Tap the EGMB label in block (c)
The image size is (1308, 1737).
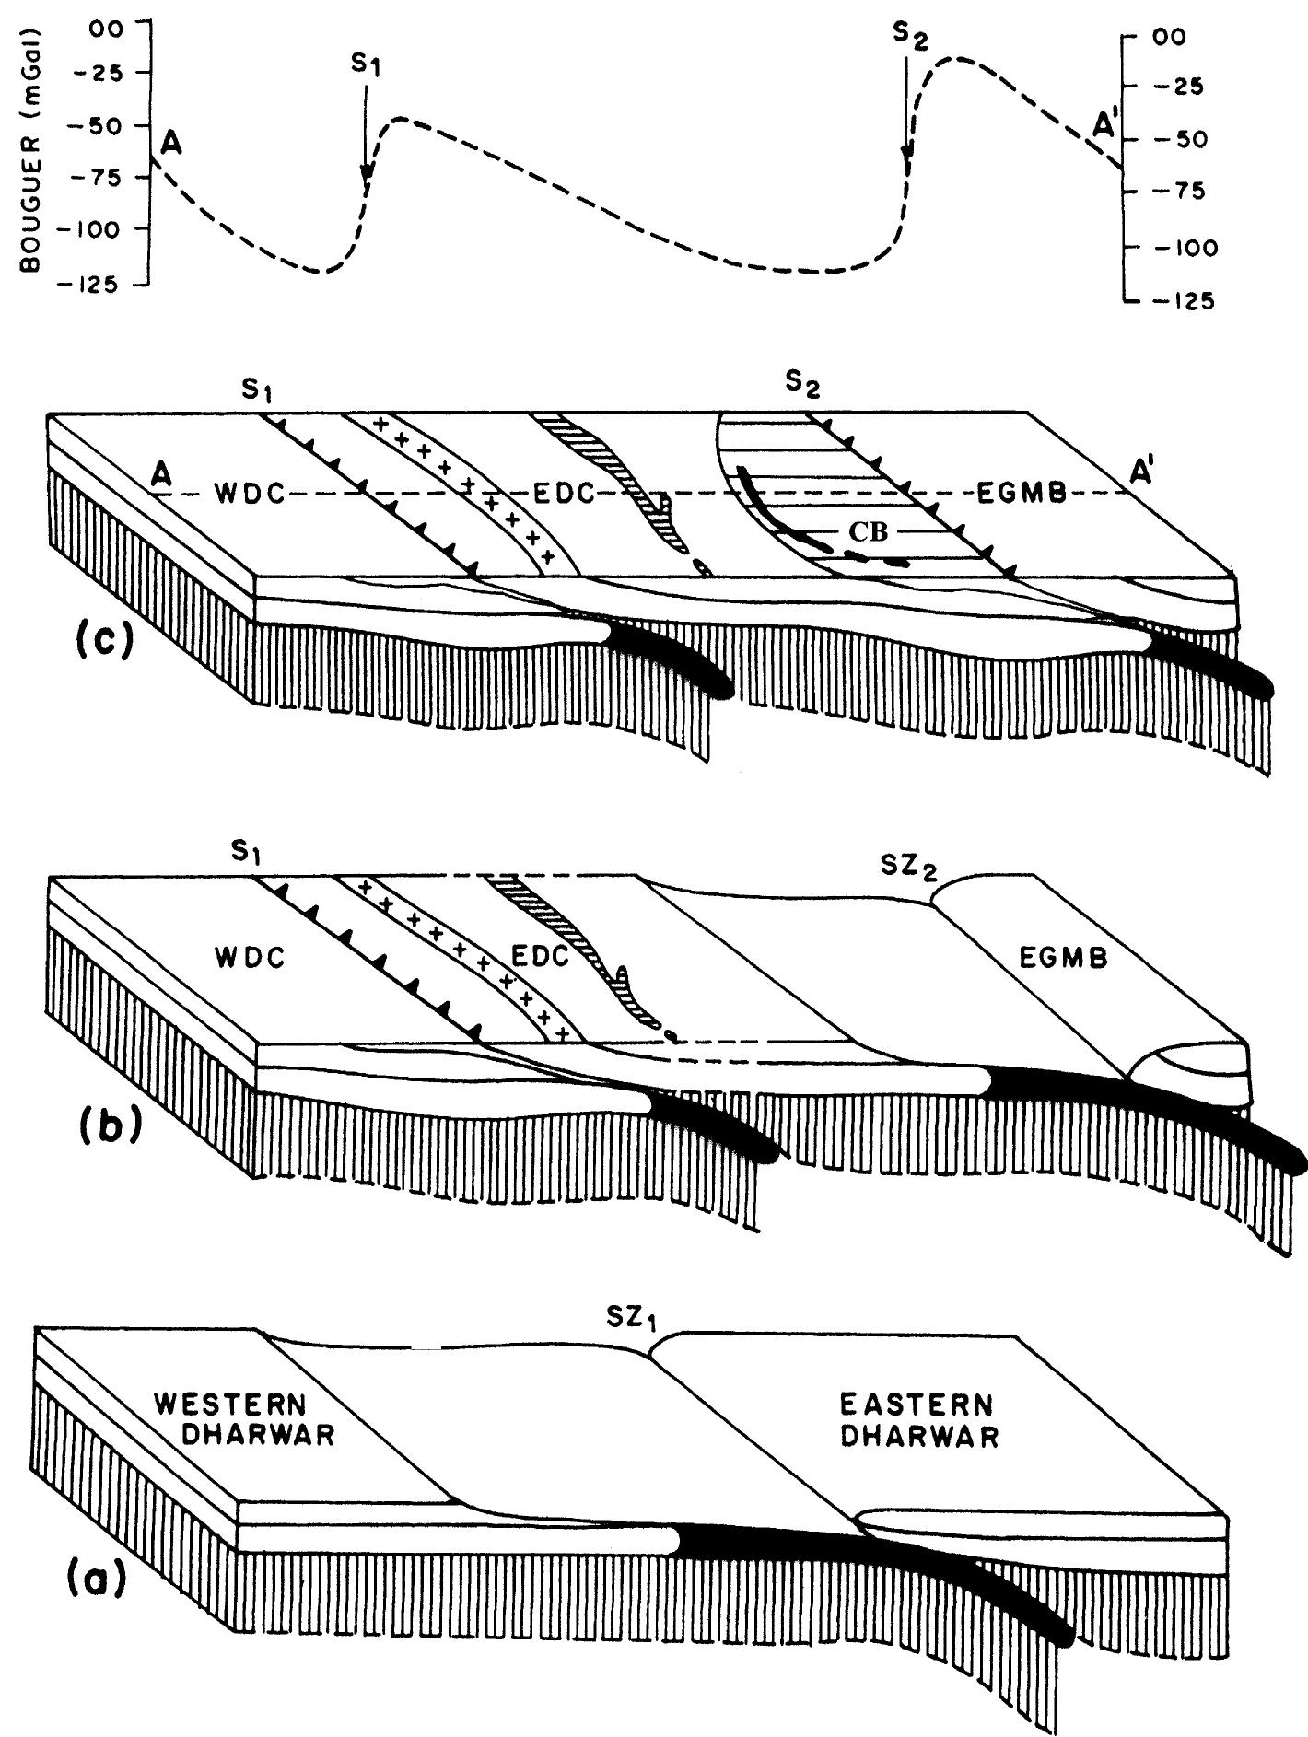[x=1020, y=494]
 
